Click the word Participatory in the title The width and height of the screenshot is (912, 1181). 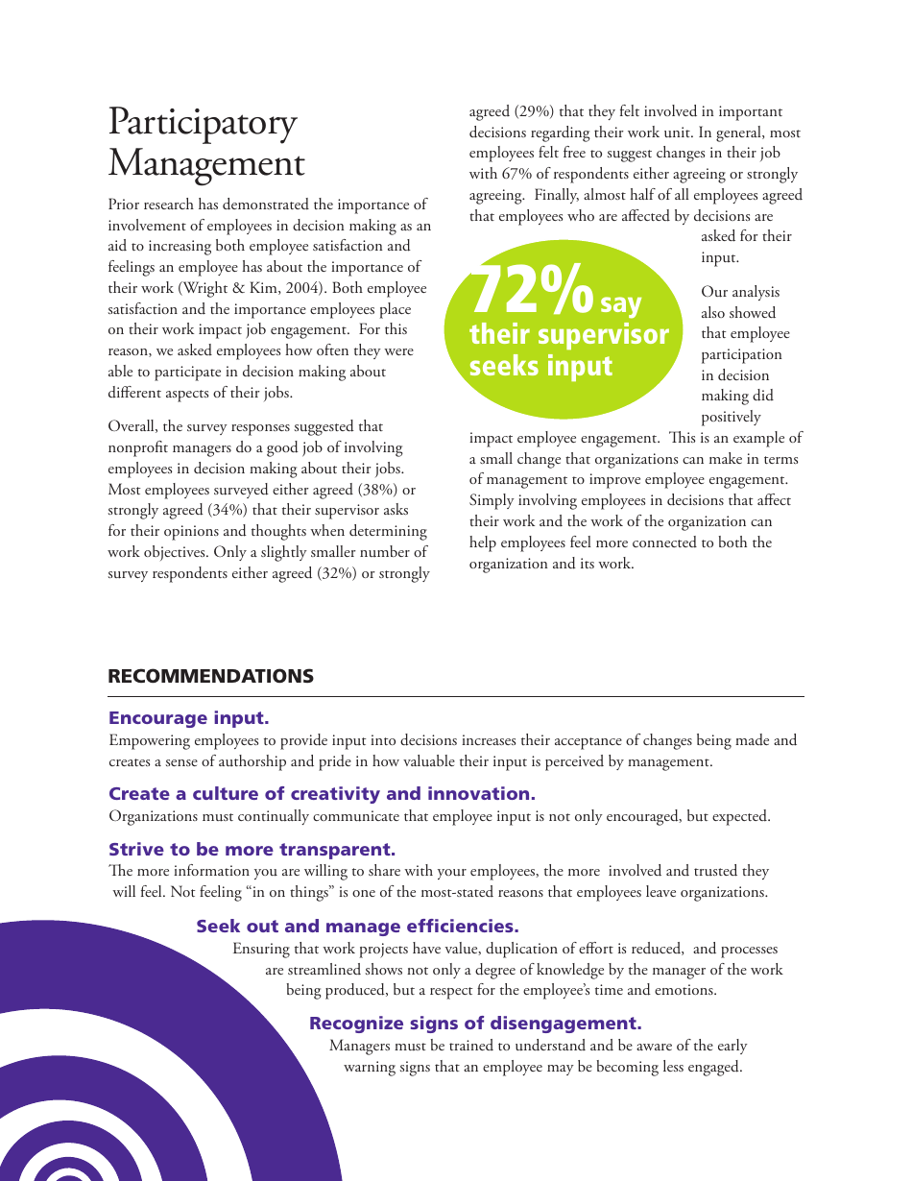click(x=203, y=124)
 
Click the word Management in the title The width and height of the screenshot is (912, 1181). click(x=206, y=163)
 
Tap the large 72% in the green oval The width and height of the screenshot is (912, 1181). click(x=533, y=292)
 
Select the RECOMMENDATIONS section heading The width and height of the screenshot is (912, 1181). click(x=210, y=676)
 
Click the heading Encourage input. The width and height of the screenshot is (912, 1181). click(x=189, y=718)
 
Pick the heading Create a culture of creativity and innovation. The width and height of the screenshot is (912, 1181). click(x=322, y=794)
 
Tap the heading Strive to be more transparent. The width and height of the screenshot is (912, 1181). click(x=252, y=850)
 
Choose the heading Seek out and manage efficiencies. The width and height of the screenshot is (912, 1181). click(x=357, y=927)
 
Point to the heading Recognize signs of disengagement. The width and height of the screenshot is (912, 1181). click(x=475, y=1024)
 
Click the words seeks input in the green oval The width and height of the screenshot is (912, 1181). click(x=540, y=366)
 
